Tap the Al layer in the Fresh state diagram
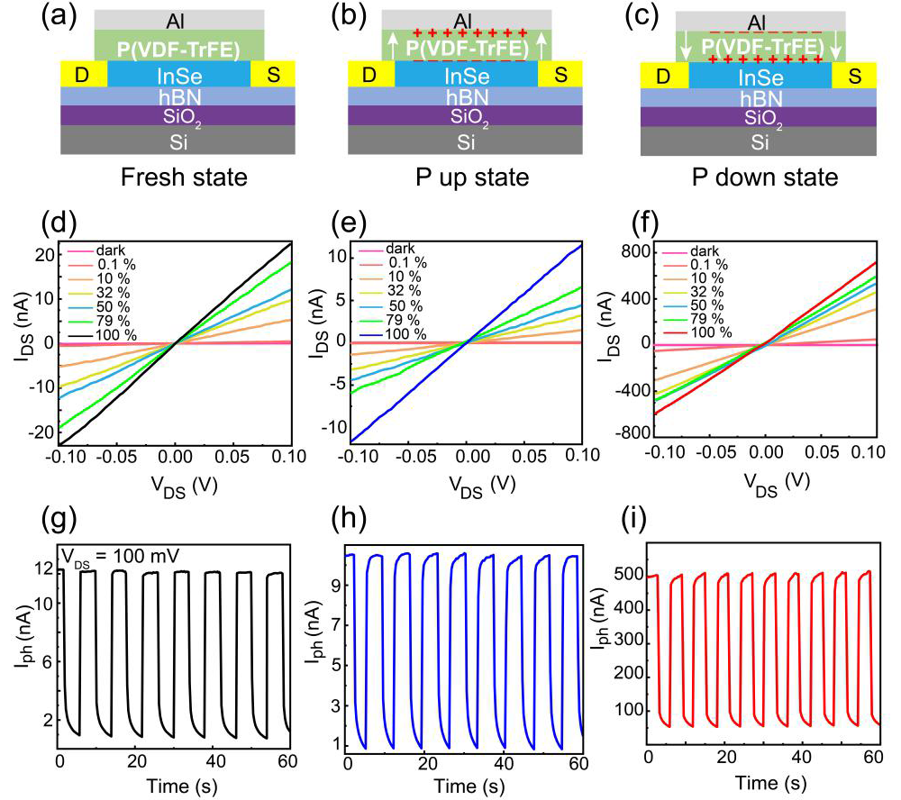pyautogui.click(x=178, y=19)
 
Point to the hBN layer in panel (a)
pyautogui.click(x=178, y=95)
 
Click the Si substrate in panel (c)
pyautogui.click(x=760, y=141)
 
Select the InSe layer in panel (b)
pyautogui.click(x=466, y=75)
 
